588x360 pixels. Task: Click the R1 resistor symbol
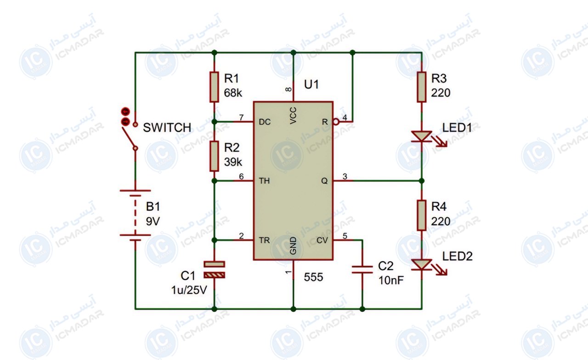click(214, 87)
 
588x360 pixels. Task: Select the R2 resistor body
click(214, 156)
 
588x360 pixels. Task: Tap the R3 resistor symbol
click(422, 87)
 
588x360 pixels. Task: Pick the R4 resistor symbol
click(422, 215)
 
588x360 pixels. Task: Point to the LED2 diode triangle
click(422, 264)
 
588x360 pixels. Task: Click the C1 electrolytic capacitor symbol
click(214, 270)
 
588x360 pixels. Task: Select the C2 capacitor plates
click(362, 270)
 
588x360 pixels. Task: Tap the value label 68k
click(233, 93)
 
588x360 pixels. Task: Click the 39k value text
click(233, 162)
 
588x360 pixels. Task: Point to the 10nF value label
click(391, 281)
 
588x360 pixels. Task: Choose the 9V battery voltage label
click(153, 221)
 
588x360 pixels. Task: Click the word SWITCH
click(167, 128)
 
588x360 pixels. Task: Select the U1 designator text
click(311, 84)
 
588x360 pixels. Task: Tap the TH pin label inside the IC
click(264, 181)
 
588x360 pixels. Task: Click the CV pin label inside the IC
click(322, 240)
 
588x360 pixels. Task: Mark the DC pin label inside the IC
click(265, 122)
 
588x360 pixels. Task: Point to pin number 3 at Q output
click(345, 177)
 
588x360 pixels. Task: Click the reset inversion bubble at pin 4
click(336, 122)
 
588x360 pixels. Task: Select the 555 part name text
click(313, 277)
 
